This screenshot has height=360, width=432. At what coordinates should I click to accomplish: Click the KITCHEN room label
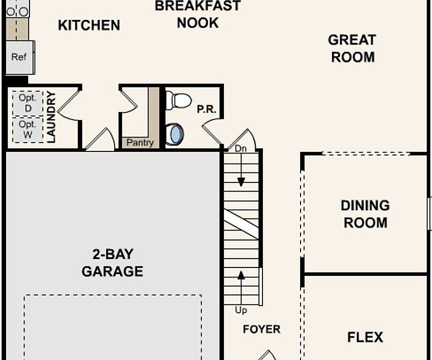tap(89, 25)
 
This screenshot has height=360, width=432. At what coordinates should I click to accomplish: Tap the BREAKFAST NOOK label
tap(197, 14)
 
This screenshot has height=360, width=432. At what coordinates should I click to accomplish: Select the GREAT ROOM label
tap(352, 48)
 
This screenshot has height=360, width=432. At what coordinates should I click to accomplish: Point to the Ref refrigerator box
tap(19, 57)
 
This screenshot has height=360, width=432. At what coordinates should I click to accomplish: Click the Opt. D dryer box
tap(27, 102)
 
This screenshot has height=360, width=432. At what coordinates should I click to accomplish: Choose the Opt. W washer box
tap(27, 129)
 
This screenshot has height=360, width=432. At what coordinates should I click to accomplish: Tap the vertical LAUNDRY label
tap(51, 116)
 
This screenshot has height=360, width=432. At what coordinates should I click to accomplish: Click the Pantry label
tap(140, 142)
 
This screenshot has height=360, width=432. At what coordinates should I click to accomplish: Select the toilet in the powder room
tap(178, 100)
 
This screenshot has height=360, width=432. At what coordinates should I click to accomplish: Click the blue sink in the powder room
tap(175, 134)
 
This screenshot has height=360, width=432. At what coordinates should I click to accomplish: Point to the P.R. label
tap(206, 109)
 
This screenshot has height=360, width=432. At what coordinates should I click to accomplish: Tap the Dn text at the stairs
tap(240, 148)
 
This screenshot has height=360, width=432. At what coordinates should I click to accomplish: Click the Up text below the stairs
tap(241, 310)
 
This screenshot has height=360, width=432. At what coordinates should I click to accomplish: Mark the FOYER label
tap(261, 329)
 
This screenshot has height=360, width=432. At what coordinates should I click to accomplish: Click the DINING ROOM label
tap(365, 214)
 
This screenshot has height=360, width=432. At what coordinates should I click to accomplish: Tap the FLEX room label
tap(365, 337)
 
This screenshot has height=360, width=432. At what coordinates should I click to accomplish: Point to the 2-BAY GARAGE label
tap(112, 262)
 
